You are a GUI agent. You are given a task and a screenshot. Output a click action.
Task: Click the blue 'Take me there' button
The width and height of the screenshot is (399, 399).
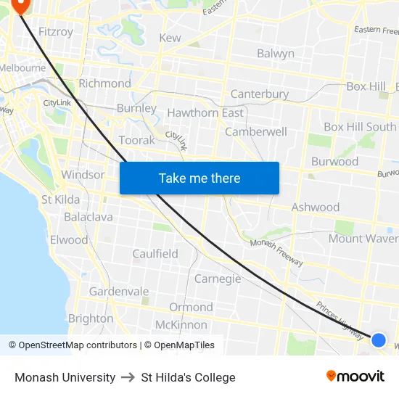pyautogui.click(x=199, y=178)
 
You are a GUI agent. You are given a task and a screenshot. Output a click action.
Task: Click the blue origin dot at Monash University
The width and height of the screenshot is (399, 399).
pyautogui.click(x=379, y=340)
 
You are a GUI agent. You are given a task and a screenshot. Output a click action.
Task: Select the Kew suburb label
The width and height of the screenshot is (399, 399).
pyautogui.click(x=170, y=38)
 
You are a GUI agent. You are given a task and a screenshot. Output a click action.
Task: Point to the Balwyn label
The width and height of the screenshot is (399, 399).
pyautogui.click(x=276, y=54)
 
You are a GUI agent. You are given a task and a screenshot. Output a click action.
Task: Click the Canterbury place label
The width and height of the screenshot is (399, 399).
pyautogui.click(x=259, y=94)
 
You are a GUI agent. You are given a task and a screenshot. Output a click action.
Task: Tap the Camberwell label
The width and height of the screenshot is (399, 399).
pyautogui.click(x=256, y=132)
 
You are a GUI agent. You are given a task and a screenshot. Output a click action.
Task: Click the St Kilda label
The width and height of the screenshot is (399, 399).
pyautogui.click(x=61, y=199)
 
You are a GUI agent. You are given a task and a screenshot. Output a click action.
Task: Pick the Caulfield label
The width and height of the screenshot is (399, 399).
pyautogui.click(x=155, y=254)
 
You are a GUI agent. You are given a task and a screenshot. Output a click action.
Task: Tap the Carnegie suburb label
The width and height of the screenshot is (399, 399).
pyautogui.click(x=218, y=279)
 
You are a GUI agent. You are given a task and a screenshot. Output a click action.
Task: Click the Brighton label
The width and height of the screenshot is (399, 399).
pyautogui.click(x=91, y=318)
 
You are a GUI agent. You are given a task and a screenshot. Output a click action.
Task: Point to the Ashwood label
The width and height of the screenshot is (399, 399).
pyautogui.click(x=316, y=207)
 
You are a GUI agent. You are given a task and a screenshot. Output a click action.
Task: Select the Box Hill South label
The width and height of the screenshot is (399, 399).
pyautogui.click(x=360, y=127)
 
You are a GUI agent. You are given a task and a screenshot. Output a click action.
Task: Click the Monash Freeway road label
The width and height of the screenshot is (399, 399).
pyautogui.click(x=276, y=252)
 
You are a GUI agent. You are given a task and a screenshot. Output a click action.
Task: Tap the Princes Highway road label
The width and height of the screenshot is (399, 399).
pyautogui.click(x=340, y=321)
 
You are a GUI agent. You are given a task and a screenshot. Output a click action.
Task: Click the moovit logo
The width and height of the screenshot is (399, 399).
pyautogui.click(x=355, y=376)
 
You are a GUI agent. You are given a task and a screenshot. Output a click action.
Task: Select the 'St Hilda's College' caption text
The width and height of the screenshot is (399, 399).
pyautogui.click(x=189, y=377)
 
